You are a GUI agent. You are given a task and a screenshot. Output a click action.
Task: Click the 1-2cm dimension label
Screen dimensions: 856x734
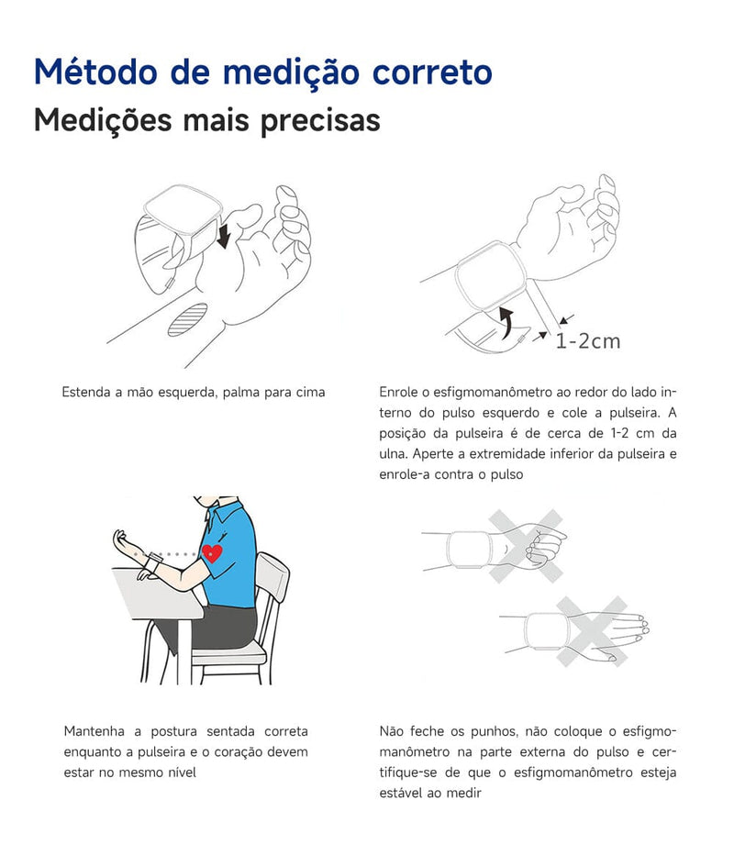587,341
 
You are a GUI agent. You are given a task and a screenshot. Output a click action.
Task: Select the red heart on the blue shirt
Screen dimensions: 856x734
213,553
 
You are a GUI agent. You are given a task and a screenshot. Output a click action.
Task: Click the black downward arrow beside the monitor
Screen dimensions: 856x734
224,233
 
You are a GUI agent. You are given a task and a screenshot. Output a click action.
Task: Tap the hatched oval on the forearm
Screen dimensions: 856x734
188,321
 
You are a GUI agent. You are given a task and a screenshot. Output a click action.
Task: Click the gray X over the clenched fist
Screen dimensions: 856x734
526,547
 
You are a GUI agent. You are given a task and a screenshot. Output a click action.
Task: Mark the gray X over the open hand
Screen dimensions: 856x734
592,630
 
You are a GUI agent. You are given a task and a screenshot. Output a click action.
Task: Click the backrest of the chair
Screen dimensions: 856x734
272,577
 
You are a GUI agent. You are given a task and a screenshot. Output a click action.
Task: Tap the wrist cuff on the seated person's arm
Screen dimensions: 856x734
155,559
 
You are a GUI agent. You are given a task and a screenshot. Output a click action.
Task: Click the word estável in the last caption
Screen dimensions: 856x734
401,793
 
